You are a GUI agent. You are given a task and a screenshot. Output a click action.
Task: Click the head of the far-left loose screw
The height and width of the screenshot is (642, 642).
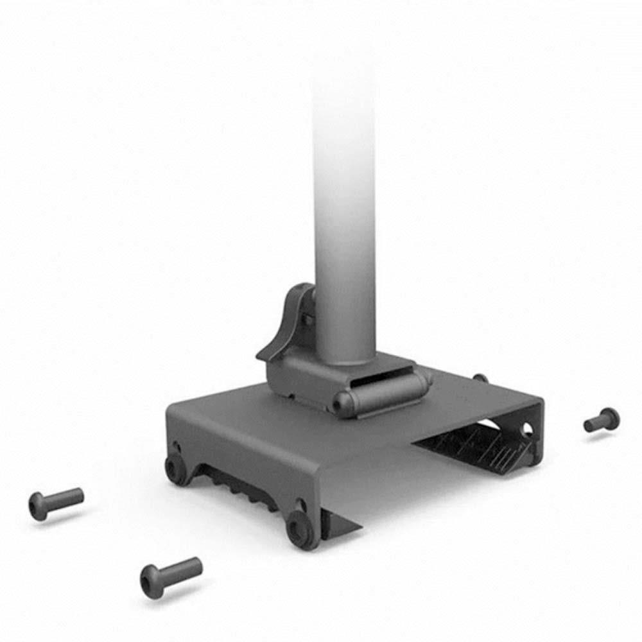[x=38, y=506]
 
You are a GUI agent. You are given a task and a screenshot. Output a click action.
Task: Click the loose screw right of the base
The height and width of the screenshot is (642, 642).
[x=602, y=420]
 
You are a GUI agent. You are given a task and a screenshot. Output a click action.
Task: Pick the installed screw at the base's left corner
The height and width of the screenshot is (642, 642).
[x=175, y=467]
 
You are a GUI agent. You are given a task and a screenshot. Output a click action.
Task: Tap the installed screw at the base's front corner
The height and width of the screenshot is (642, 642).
[x=300, y=528]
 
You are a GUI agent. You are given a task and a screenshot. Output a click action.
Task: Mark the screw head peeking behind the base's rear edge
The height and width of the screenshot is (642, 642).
[x=479, y=378]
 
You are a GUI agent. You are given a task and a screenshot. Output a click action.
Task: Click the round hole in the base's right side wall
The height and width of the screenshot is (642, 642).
[x=527, y=429]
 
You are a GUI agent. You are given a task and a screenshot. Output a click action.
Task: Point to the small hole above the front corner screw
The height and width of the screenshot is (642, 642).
[x=300, y=503]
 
